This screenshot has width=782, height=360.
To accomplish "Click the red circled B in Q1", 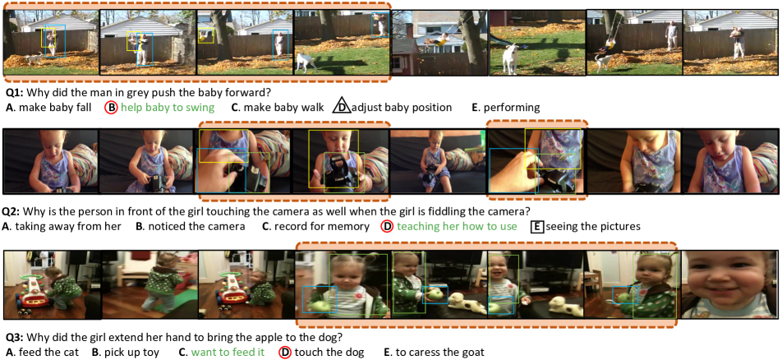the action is (111, 108).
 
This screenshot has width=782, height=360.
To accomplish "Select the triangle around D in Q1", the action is (342, 107).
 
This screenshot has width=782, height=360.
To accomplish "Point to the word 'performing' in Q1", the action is (512, 108).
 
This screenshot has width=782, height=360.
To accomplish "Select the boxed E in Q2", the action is (537, 227).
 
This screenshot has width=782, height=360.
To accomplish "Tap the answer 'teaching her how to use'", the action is (457, 227).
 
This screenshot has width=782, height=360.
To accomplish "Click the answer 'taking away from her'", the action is (68, 227).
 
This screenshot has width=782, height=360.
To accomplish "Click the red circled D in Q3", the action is (285, 352).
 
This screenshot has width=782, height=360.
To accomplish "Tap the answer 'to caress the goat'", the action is (440, 352).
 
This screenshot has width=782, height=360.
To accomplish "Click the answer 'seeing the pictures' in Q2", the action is (593, 227).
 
